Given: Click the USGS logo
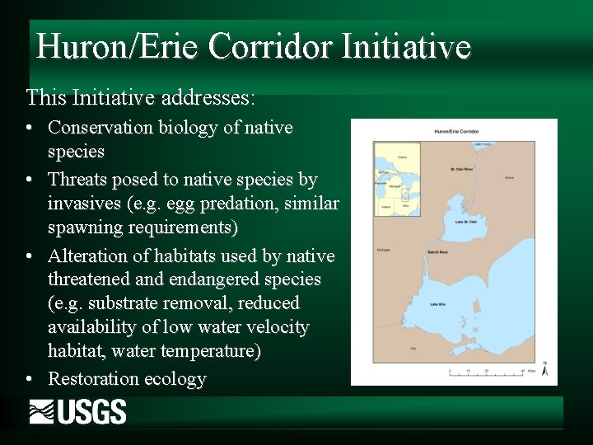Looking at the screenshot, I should (78, 411).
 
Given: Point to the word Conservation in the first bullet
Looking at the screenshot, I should (100, 128).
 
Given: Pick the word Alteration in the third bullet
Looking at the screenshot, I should (88, 255).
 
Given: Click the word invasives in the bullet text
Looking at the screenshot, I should (86, 204).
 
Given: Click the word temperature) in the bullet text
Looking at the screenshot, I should (211, 352).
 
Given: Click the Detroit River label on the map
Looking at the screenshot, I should (437, 251).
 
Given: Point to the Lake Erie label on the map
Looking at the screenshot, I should (437, 305).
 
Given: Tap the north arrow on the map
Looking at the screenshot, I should (544, 368).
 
